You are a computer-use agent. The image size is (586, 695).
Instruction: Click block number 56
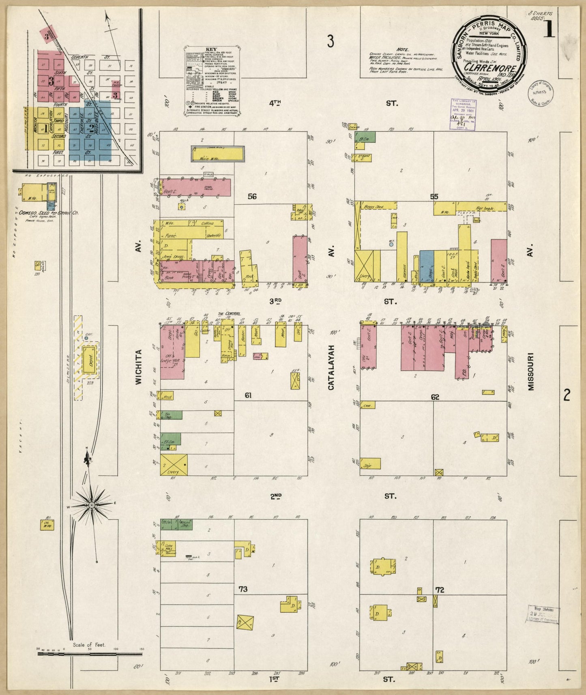252,197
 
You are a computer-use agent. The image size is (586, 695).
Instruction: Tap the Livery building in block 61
174,465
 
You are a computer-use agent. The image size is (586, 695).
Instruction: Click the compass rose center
92,505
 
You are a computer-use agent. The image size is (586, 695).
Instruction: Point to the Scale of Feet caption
89,644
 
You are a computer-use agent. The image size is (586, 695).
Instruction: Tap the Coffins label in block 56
207,223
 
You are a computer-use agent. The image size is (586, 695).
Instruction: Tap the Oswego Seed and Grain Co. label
49,212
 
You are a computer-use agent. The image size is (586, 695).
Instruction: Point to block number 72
440,590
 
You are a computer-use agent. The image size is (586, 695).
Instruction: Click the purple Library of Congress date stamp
464,114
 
